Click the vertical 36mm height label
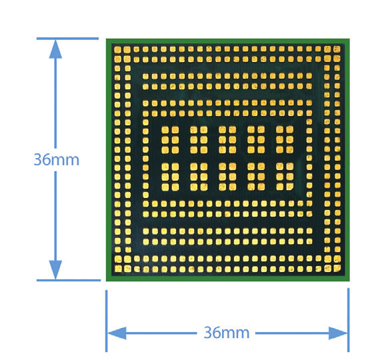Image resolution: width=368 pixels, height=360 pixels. click(56, 159)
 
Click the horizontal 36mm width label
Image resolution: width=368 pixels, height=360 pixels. click(226, 332)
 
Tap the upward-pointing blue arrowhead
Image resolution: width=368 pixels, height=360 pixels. click(55, 49)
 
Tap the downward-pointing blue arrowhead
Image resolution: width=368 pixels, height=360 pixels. click(55, 270)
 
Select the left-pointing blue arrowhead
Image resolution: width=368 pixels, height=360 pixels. click(117, 333)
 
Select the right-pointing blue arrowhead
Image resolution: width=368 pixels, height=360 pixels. click(338, 333)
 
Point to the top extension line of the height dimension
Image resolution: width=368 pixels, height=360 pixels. click(67, 39)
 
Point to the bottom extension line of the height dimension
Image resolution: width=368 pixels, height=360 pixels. click(69, 280)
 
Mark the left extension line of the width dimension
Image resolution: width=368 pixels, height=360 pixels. click(106, 321)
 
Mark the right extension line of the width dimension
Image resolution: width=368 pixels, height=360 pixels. click(349, 320)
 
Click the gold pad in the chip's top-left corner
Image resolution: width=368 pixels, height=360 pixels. click(117, 49)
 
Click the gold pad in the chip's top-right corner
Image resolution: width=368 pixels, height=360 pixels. click(337, 49)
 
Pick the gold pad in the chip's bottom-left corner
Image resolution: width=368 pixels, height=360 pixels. click(118, 269)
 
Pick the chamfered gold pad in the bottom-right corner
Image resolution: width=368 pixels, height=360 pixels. click(337, 268)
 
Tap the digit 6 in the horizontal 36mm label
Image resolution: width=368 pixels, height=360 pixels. click(216, 332)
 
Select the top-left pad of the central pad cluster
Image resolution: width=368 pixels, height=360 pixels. click(165, 130)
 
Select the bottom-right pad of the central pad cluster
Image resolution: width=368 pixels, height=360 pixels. click(289, 187)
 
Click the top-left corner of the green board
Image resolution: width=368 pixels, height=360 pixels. click(106, 39)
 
